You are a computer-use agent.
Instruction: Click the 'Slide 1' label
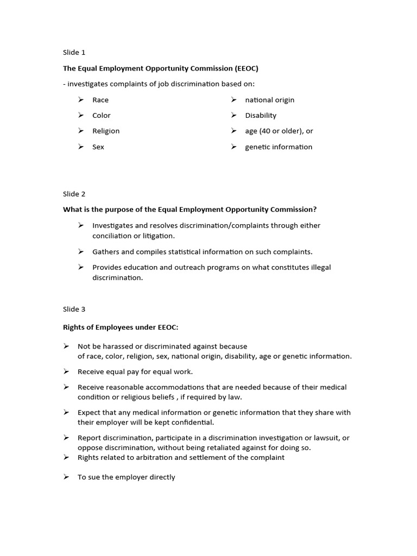tap(74, 53)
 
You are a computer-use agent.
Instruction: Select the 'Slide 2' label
tap(74, 194)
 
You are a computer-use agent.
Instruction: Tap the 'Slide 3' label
tap(74, 309)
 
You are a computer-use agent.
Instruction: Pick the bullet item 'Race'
tap(100, 100)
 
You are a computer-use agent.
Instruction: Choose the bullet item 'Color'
tap(102, 116)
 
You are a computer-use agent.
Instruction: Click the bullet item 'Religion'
tap(106, 131)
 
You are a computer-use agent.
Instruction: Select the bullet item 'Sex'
tap(98, 147)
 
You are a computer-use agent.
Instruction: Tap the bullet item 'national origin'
tap(270, 100)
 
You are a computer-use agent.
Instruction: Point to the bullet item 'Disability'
tap(261, 116)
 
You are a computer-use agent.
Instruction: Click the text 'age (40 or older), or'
tap(279, 131)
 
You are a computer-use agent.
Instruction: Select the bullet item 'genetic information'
tap(279, 147)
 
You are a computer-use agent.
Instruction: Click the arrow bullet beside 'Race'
tap(81, 100)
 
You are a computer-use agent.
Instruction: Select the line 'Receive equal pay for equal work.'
tap(135, 372)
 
